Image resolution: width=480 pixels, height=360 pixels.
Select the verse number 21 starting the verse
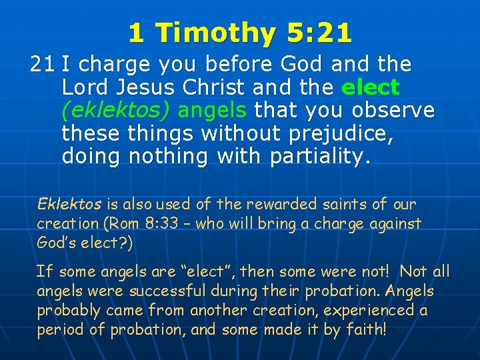point(42,65)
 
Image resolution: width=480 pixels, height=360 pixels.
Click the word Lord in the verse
point(86,87)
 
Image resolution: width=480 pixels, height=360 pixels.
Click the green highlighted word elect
point(370,87)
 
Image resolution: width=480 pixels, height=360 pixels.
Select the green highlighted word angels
point(207,110)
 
